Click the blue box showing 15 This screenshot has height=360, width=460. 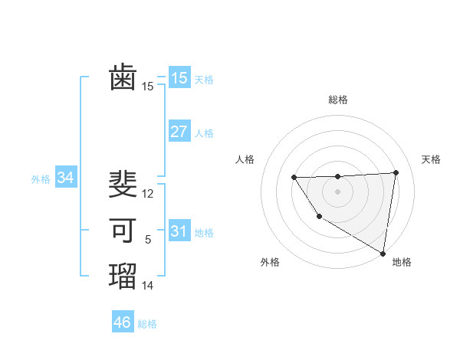179,77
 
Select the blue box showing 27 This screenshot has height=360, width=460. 179,132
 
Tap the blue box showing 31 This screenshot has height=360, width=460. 179,231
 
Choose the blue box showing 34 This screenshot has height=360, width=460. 66,178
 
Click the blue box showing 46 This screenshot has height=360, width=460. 123,322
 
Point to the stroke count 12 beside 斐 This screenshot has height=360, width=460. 148,194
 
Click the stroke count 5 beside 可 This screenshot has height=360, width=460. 148,240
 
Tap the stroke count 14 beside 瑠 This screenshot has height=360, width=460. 148,286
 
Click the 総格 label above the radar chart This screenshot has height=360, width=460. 338,100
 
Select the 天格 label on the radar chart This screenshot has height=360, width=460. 431,159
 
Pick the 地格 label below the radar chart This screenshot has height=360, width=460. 402,262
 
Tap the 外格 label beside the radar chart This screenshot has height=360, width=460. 270,262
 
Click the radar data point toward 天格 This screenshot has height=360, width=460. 396,172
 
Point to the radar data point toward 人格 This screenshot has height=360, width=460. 294,178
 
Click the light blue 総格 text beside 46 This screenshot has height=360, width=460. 147,324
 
